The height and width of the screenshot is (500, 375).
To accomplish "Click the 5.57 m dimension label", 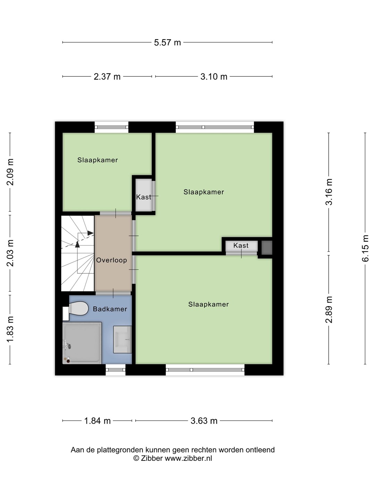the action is [167, 42].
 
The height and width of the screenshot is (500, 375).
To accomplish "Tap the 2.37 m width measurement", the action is [107, 76].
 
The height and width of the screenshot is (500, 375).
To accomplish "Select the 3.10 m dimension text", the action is [214, 76].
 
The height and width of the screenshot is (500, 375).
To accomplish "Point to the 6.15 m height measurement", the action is [365, 248].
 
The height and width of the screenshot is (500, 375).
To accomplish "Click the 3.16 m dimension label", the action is [328, 192].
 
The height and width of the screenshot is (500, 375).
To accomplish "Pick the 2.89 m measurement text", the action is [328, 310].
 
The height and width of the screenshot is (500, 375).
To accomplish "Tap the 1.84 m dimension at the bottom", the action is [98, 421].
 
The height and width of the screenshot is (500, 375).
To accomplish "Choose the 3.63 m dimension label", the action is [204, 421].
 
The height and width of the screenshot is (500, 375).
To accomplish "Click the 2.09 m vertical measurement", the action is [10, 172].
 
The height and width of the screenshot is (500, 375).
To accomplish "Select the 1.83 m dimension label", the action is [10, 329].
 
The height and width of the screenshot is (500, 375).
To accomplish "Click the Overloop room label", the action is [111, 260].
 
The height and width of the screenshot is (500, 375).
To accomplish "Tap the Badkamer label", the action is [110, 309].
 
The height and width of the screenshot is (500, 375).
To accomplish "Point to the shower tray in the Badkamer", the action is [82, 343].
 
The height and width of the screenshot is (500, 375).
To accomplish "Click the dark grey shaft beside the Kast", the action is [267, 248].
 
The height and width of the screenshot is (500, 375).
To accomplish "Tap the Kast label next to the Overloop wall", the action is [144, 197].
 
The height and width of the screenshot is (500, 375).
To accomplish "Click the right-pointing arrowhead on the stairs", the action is [91, 233].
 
